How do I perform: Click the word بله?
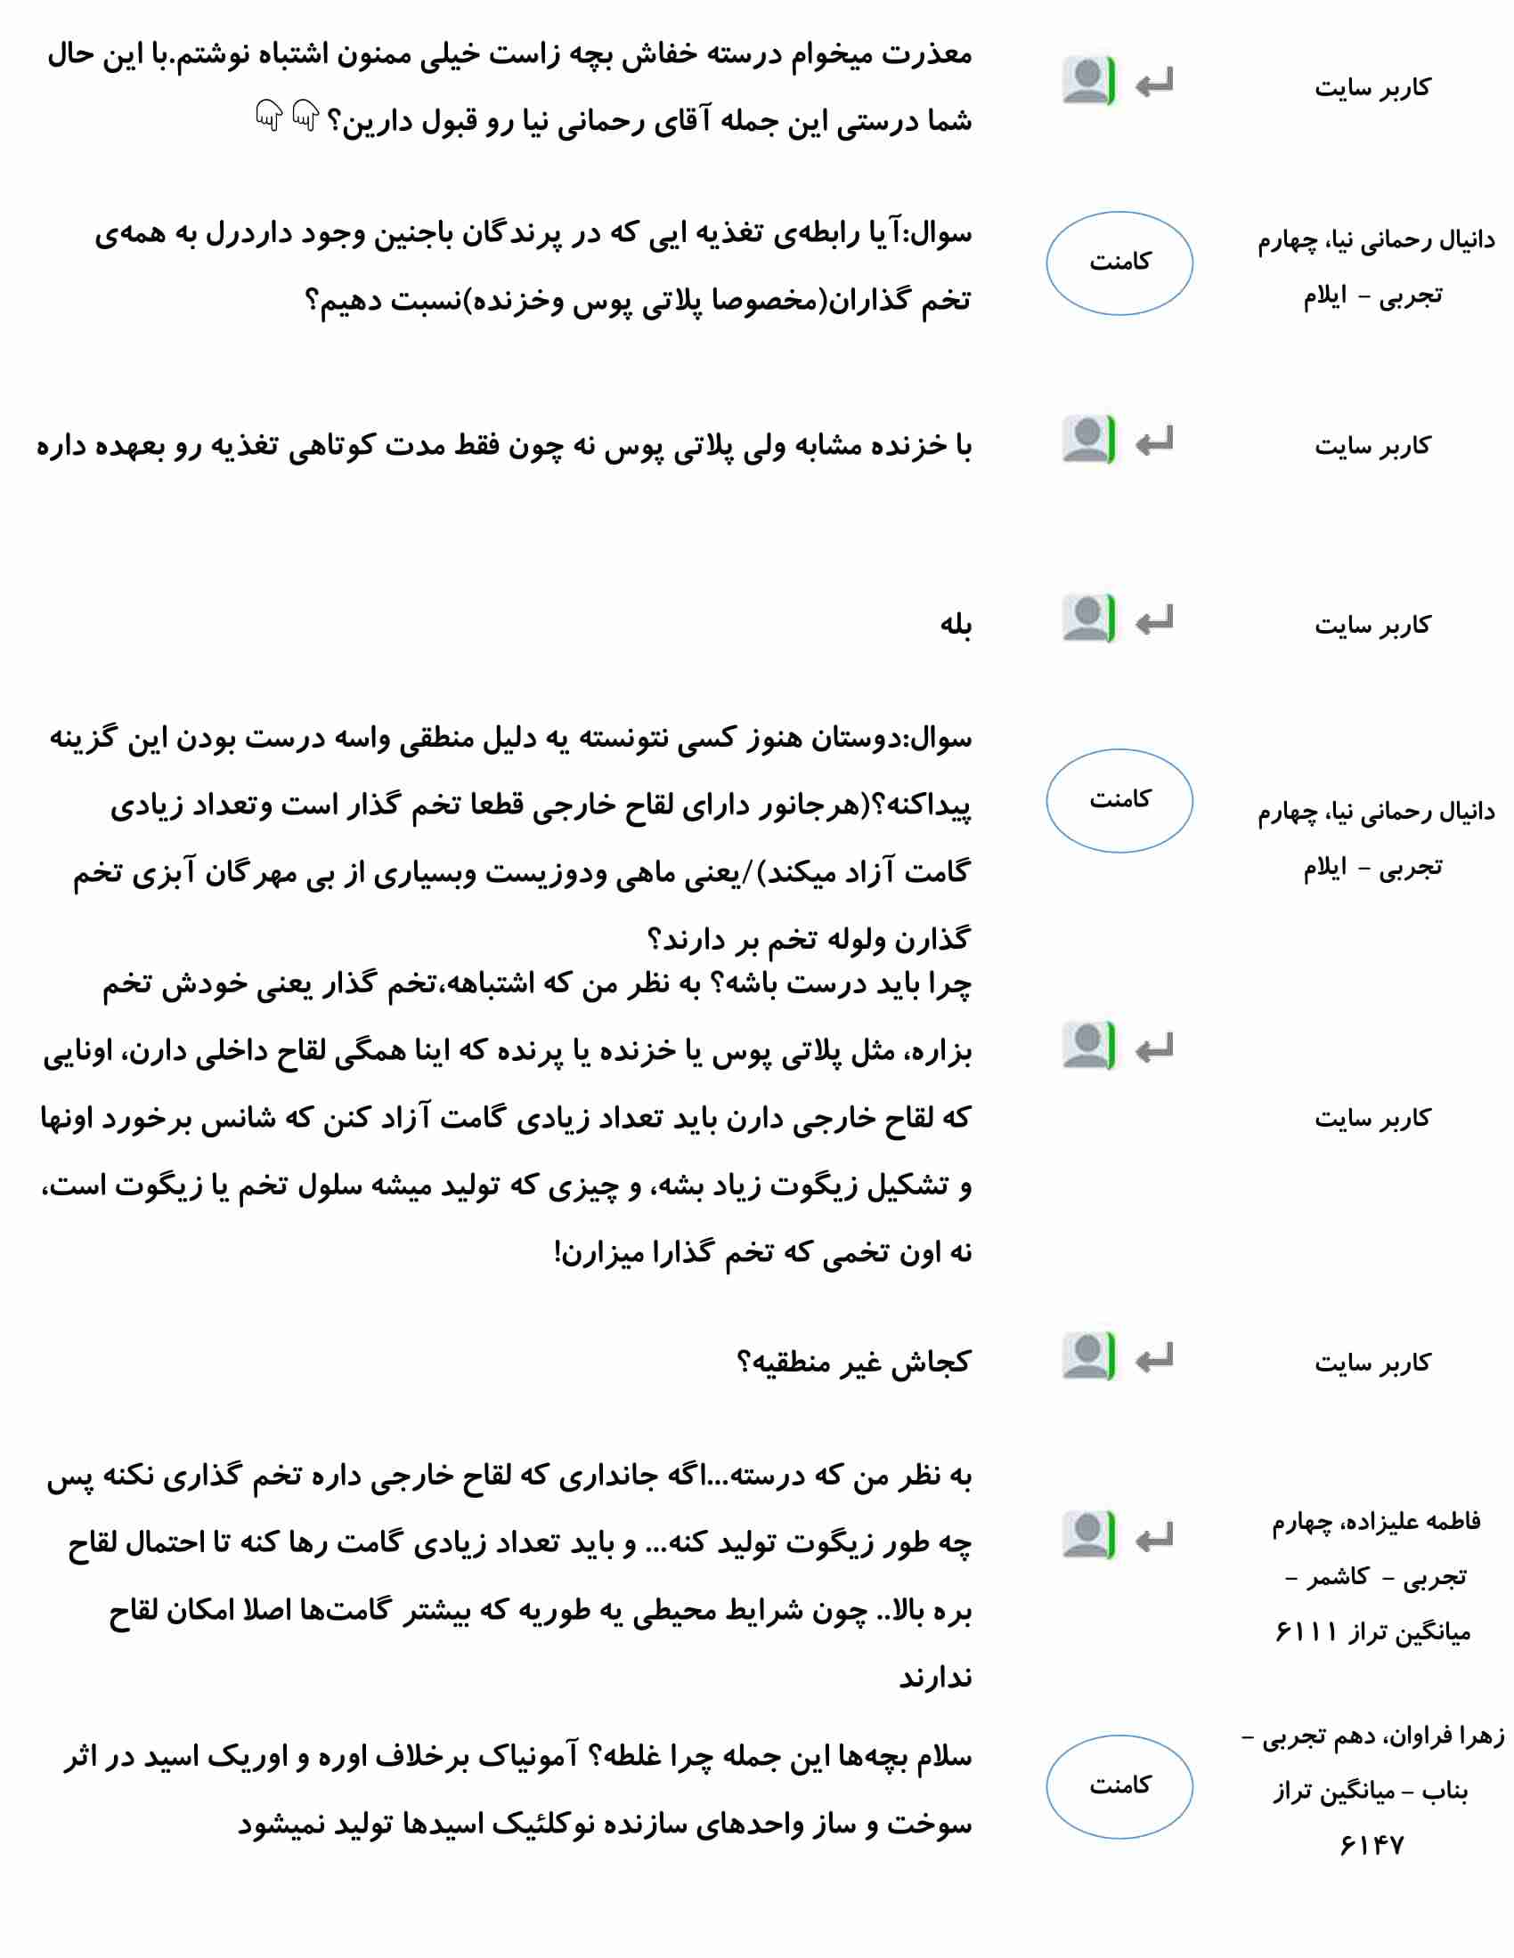956,624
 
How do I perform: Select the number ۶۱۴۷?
1372,1844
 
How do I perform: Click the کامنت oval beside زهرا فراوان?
1119,1786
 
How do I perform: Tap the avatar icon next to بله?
1088,619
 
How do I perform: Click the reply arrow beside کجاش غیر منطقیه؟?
1154,1360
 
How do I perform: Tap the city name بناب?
1444,1792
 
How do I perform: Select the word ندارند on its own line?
935,1677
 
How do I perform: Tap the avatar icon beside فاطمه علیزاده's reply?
1088,1535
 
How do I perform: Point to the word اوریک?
246,1755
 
